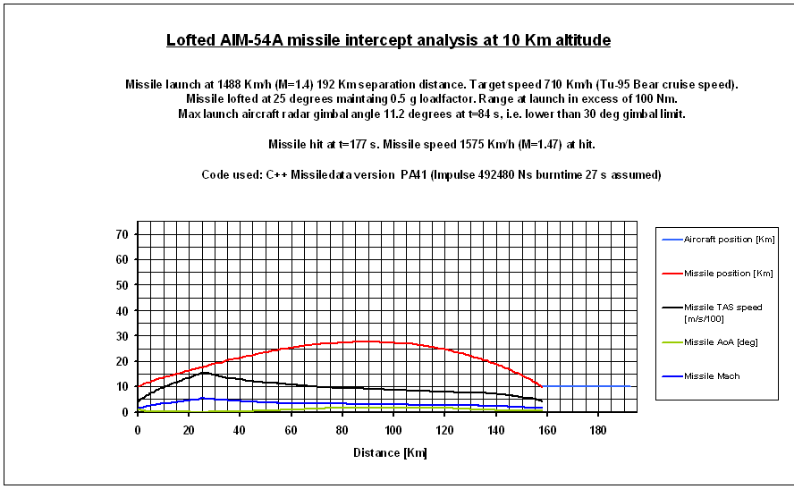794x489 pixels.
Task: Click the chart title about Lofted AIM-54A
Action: click(x=389, y=41)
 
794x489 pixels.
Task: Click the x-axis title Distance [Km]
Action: click(x=389, y=452)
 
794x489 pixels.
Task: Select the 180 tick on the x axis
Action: click(x=597, y=430)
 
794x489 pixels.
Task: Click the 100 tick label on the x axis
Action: click(x=393, y=430)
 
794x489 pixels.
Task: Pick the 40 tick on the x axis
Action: click(x=240, y=430)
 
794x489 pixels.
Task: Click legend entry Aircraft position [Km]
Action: click(x=729, y=240)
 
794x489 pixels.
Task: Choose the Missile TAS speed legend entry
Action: click(x=722, y=312)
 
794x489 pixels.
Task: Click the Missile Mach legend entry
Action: click(x=712, y=376)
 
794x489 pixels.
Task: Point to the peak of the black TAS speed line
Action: click(x=204, y=372)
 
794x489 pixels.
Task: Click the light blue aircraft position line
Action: click(x=590, y=386)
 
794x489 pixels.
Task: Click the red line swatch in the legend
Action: click(x=671, y=274)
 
